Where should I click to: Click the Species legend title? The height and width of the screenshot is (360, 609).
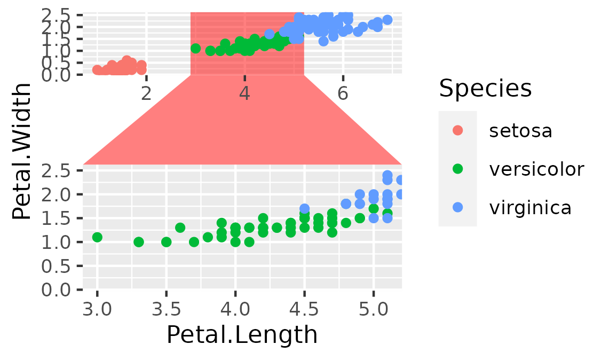[x=485, y=89]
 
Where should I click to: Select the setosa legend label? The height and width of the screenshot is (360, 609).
[x=520, y=130]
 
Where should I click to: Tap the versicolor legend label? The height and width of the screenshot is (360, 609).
[x=536, y=169]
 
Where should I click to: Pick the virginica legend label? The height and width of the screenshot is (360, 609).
[x=530, y=207]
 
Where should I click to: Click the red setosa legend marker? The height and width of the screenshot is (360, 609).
[x=457, y=130]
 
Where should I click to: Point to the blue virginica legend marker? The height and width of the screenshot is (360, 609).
[x=457, y=207]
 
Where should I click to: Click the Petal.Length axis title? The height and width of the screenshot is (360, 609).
[x=242, y=335]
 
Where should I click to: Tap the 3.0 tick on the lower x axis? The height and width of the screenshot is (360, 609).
[x=97, y=310]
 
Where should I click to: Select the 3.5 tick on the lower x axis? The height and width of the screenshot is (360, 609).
[x=166, y=310]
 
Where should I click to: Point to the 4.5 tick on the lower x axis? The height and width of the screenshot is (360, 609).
[x=304, y=310]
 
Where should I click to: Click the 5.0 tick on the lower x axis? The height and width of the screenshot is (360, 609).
[x=373, y=310]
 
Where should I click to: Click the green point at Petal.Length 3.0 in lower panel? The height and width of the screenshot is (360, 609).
[x=97, y=237]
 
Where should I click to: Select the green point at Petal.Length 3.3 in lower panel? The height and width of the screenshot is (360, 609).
[x=139, y=242]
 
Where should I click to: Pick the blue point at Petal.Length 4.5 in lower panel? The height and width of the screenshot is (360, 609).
[x=304, y=209]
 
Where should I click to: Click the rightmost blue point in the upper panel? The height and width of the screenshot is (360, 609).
[x=387, y=20]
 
